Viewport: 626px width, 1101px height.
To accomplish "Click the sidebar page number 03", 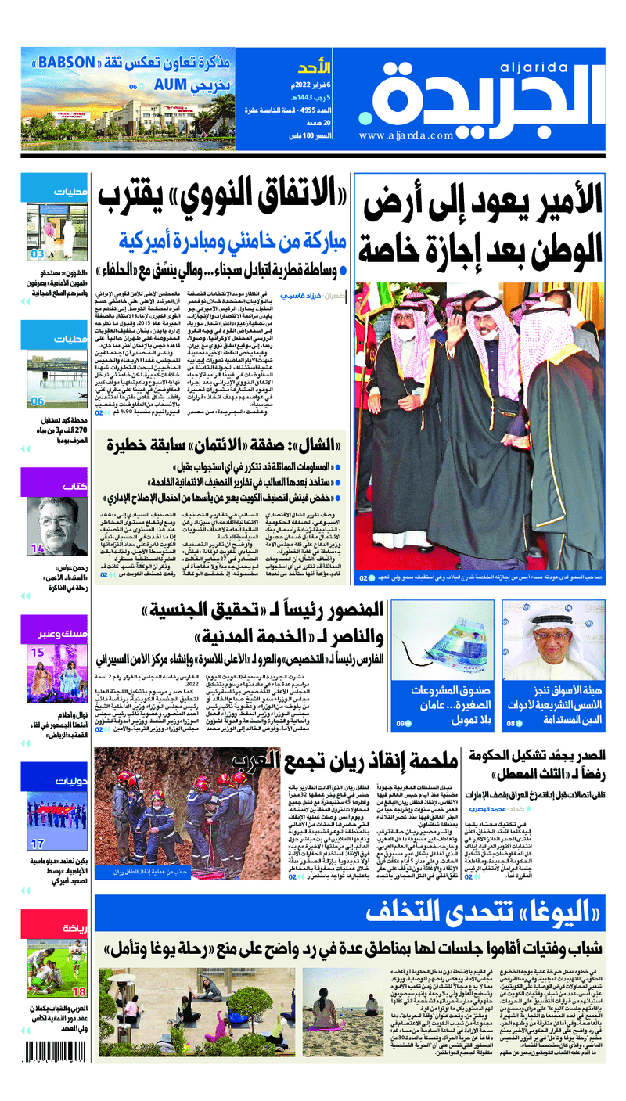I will pyautogui.click(x=37, y=254).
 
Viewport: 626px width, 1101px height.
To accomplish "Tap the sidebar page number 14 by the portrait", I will pyautogui.click(x=37, y=550).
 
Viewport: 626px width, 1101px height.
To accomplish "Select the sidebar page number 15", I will pyautogui.click(x=37, y=652).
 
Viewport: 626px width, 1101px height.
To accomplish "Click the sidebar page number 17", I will pyautogui.click(x=37, y=844).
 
